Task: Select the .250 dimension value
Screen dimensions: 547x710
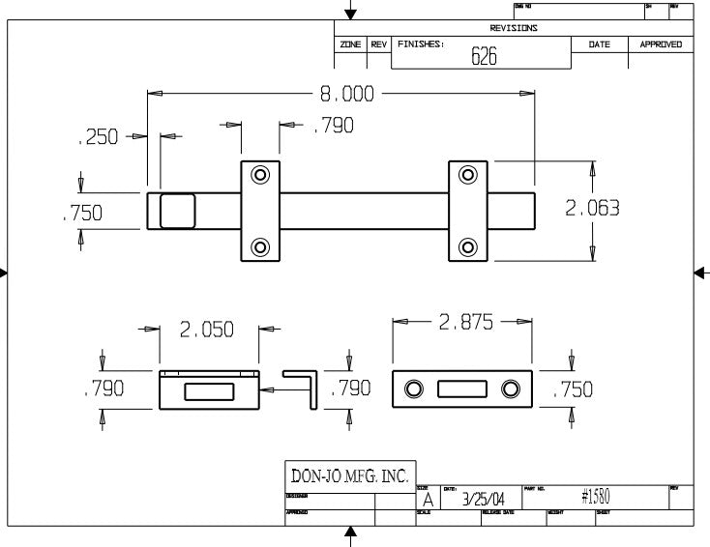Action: (x=98, y=137)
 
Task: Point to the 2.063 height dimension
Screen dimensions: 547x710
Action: (x=592, y=208)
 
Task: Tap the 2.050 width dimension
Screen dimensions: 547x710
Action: (x=207, y=331)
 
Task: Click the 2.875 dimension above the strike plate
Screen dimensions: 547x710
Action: (x=466, y=323)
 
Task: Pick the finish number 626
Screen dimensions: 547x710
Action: (x=484, y=56)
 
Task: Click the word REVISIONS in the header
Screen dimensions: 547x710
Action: (x=514, y=28)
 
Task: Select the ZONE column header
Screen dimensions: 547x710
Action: (x=349, y=44)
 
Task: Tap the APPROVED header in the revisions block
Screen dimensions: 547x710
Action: (x=661, y=44)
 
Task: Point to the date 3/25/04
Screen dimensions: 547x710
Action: (x=483, y=499)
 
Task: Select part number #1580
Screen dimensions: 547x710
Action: (x=595, y=498)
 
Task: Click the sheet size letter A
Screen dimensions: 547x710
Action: (x=428, y=500)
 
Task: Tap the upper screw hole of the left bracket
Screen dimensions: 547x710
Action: (x=260, y=175)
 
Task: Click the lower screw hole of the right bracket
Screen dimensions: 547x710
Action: (x=468, y=245)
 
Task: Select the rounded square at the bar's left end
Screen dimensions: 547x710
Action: (x=177, y=210)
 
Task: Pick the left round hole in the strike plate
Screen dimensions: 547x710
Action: (x=414, y=389)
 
